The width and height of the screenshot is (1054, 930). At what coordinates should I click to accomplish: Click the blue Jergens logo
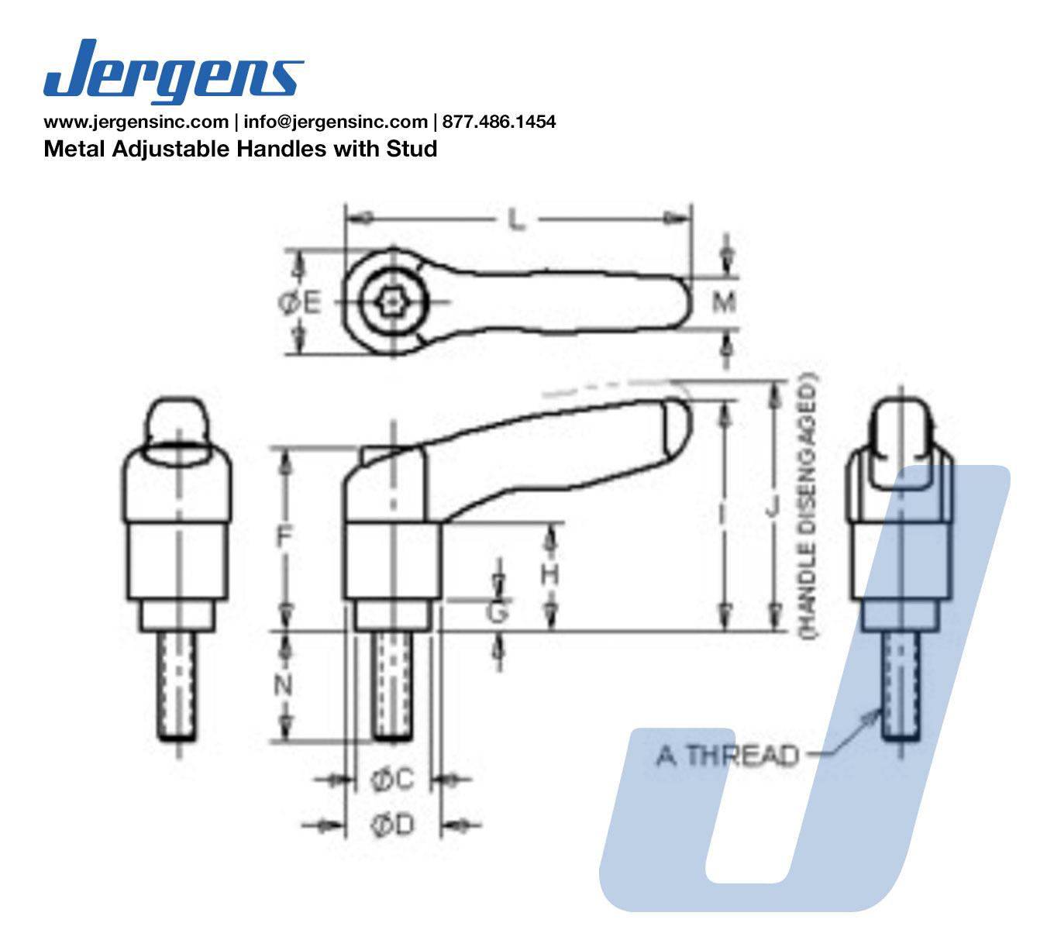point(174,71)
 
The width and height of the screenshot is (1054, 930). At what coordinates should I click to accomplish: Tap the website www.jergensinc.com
point(136,122)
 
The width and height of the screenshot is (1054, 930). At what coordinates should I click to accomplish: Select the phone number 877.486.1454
point(499,121)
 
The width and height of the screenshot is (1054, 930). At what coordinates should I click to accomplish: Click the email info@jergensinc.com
point(336,122)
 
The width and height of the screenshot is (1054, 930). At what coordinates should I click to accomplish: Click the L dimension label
point(515,220)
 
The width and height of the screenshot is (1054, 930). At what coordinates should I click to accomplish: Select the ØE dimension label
point(300,303)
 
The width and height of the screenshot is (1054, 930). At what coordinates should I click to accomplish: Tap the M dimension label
point(724,301)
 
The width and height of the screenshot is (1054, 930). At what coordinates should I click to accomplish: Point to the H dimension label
point(550,575)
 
